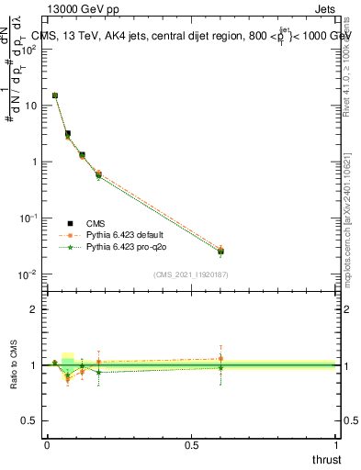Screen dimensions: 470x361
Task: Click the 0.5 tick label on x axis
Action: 191,443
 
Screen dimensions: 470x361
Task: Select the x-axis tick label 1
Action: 336,443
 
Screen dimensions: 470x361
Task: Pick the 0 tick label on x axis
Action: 47,443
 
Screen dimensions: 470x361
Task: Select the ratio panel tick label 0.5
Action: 31,421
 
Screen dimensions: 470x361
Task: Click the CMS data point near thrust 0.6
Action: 220,252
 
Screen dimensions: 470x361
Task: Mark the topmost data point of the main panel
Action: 55,95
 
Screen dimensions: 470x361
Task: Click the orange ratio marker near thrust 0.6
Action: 220,359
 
